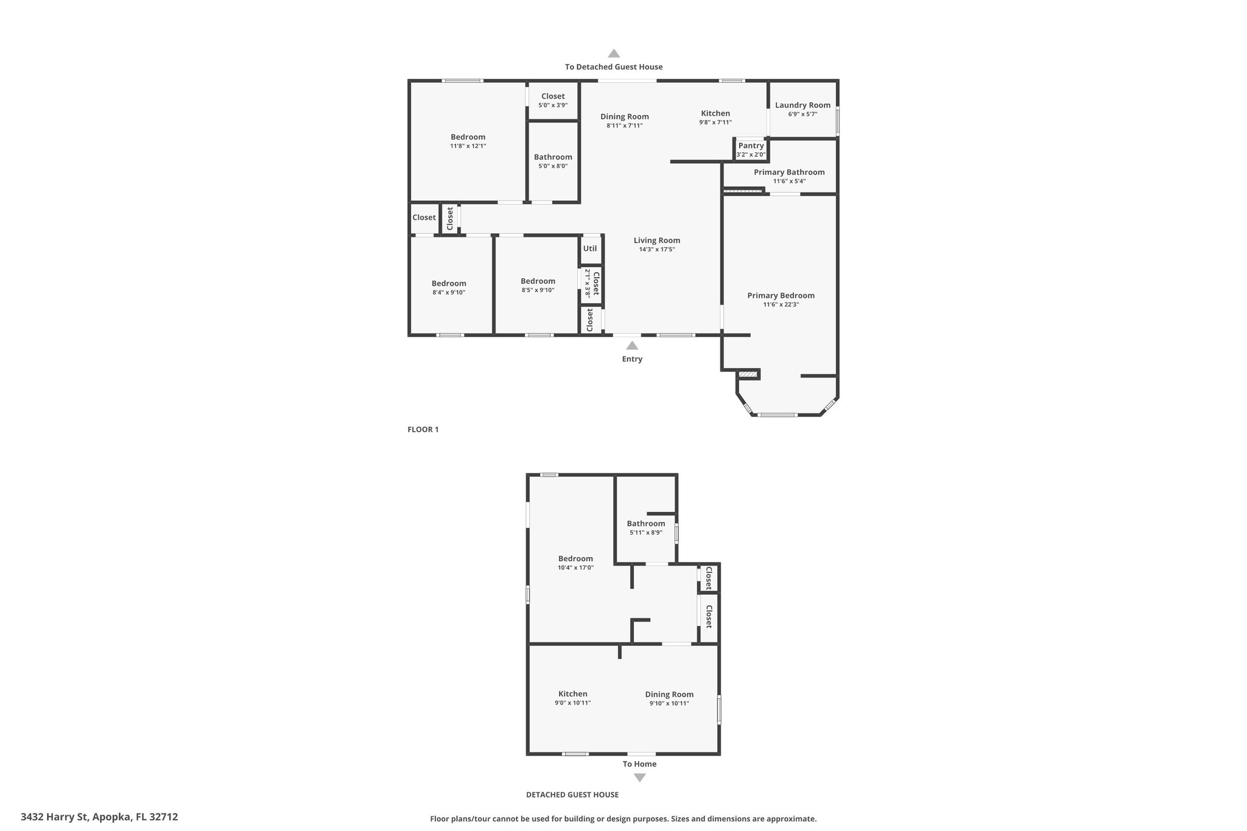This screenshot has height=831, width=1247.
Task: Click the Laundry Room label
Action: tap(803, 105)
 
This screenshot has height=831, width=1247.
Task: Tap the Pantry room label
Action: tap(751, 146)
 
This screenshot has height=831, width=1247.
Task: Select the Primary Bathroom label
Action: tap(789, 172)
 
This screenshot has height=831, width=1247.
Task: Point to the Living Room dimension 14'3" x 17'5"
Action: tap(656, 249)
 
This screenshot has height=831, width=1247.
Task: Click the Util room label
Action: tap(590, 248)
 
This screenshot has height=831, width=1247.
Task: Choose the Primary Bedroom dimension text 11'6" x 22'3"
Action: tap(781, 304)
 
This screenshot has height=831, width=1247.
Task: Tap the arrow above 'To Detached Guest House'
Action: tap(614, 53)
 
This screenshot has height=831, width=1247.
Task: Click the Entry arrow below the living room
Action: tap(632, 345)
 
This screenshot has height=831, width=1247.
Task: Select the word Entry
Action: tap(632, 359)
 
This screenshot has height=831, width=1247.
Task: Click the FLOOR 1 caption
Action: tap(423, 429)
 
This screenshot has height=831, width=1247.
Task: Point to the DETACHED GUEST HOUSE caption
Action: tap(572, 794)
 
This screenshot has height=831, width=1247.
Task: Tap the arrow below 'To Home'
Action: tap(639, 777)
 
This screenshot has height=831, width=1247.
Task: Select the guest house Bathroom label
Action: tap(646, 524)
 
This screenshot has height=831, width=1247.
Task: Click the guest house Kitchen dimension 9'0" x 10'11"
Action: tap(572, 703)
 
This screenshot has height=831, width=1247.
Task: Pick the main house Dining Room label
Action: tap(625, 117)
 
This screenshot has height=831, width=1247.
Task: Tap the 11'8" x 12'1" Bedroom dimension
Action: tap(468, 146)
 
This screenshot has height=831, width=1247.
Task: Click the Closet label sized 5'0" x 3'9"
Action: tap(553, 96)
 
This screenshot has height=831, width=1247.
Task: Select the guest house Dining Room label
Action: tap(669, 695)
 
